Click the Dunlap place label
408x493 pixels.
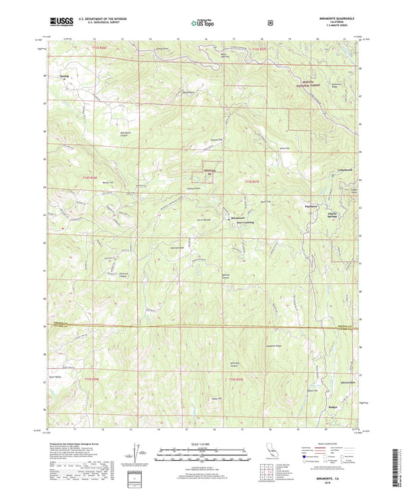pos(57,77)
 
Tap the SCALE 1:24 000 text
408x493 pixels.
pos(203,444)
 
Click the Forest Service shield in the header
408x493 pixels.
pos(270,23)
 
